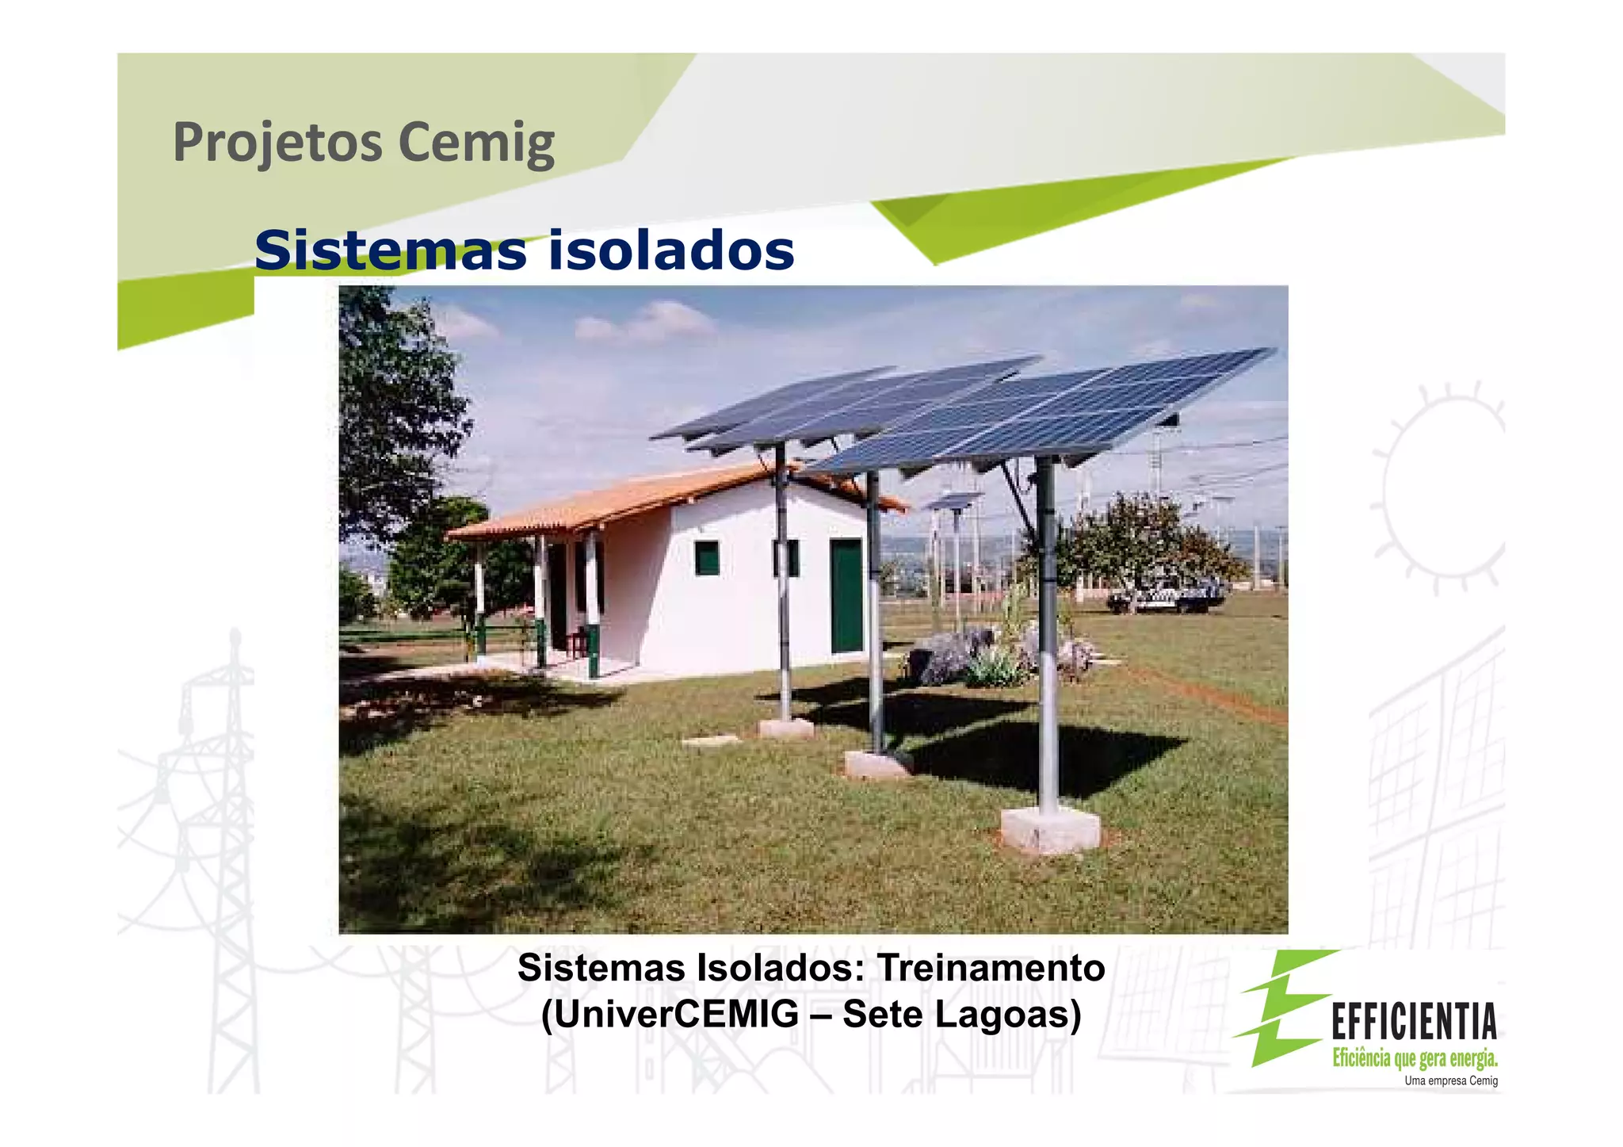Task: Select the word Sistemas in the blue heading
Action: (390, 250)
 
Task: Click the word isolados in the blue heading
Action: (670, 250)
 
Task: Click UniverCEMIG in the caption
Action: (670, 1015)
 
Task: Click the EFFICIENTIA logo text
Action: (1413, 1022)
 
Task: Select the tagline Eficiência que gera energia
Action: (1415, 1057)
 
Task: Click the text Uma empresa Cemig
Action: (1450, 1080)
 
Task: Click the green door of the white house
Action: (846, 595)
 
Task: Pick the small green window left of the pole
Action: (707, 558)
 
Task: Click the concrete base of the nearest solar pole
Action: (1049, 830)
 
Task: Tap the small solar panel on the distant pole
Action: (955, 500)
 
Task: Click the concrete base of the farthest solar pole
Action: (785, 728)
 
